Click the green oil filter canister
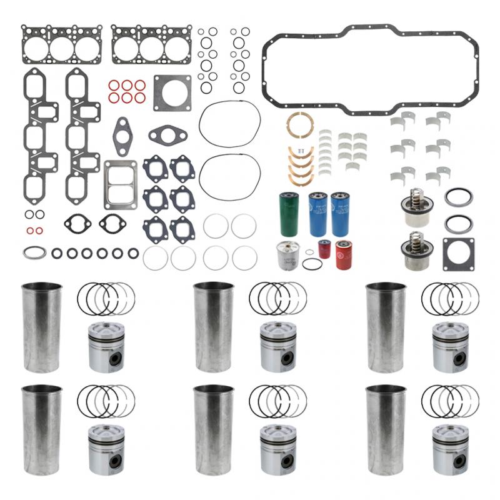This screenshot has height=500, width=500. pyautogui.click(x=289, y=214)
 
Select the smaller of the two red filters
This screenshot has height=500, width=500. pyautogui.click(x=324, y=249)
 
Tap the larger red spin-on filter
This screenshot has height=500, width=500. pyautogui.click(x=344, y=254)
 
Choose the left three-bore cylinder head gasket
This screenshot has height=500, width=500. pyautogui.click(x=61, y=44)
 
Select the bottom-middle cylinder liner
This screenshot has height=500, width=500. pyautogui.click(x=213, y=430)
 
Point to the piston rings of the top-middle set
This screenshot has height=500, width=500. pyautogui.click(x=277, y=298)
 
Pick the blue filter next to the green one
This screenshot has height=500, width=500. pyautogui.click(x=317, y=214)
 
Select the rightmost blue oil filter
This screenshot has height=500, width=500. pyautogui.click(x=341, y=214)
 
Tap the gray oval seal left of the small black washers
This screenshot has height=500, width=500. pyautogui.click(x=34, y=253)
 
